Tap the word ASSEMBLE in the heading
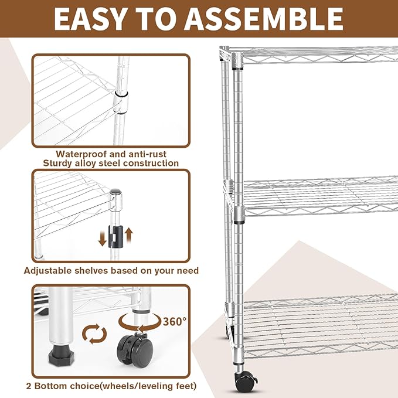coord(269,19)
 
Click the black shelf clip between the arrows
coord(116,236)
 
